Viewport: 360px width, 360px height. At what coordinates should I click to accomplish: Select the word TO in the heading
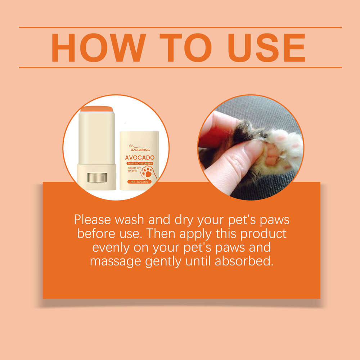click(x=184, y=48)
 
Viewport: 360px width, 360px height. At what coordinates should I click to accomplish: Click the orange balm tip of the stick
click(x=96, y=108)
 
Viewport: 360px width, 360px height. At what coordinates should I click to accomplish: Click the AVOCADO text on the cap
click(x=140, y=157)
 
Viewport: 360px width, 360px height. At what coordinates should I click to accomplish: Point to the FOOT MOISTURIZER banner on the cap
click(x=140, y=163)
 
